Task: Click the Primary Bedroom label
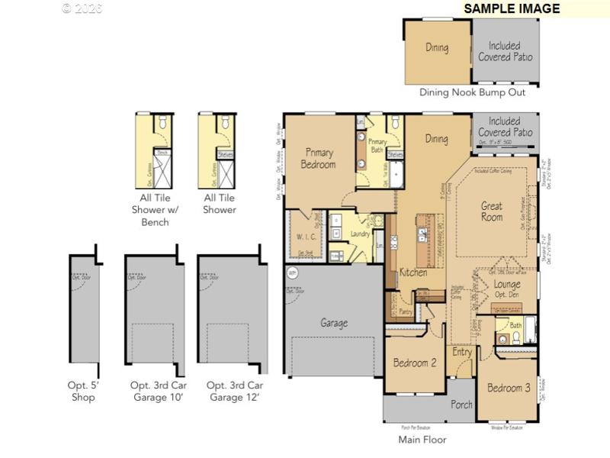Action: click(x=319, y=158)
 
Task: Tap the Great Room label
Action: click(x=492, y=211)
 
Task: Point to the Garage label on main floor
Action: click(x=334, y=323)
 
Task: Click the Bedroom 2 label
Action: click(x=415, y=363)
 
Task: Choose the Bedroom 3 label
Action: click(x=509, y=388)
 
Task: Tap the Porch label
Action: click(x=461, y=405)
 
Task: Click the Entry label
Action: click(x=462, y=352)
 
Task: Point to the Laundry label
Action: click(x=360, y=235)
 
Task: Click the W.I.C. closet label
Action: click(x=307, y=236)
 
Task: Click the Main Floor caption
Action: click(x=422, y=440)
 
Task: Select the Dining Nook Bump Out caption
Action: click(x=472, y=92)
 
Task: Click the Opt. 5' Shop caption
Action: click(x=84, y=392)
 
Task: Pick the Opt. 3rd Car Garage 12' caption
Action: click(x=234, y=392)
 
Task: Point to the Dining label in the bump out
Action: click(x=437, y=47)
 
